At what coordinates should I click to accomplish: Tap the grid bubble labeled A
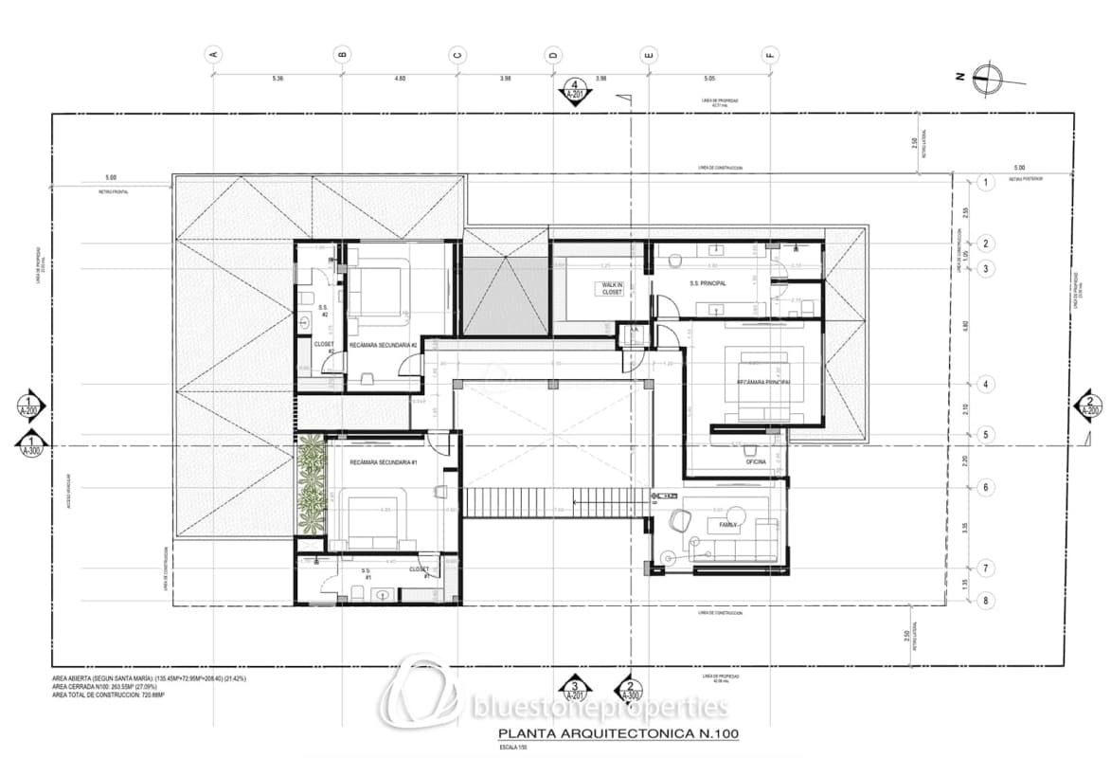click(213, 54)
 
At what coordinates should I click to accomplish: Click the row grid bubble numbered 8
click(985, 601)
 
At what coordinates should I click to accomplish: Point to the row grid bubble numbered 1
click(985, 183)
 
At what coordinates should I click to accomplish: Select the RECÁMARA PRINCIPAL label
click(763, 382)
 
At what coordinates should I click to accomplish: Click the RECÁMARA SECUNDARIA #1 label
click(384, 462)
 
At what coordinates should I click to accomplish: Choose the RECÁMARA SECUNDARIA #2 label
click(384, 346)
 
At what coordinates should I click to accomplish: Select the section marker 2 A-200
click(1089, 406)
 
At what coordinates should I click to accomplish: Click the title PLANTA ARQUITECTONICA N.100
click(618, 734)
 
